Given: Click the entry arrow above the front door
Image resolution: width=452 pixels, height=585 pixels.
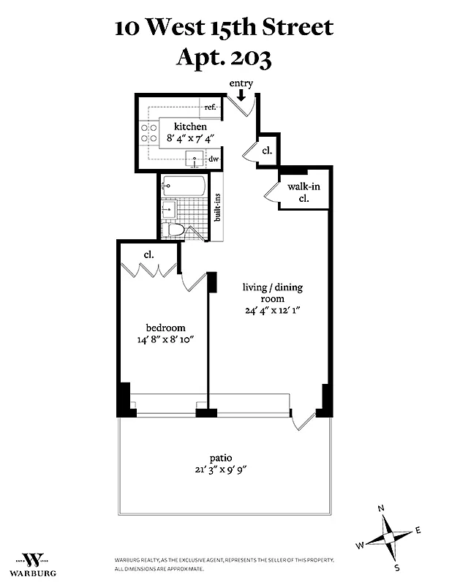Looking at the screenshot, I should [241, 95].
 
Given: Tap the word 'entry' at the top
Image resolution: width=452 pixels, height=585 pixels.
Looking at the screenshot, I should [241, 83].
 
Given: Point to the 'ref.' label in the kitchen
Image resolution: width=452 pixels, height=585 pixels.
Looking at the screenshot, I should [211, 107].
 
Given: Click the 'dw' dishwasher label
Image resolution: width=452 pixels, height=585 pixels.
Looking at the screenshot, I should [214, 158].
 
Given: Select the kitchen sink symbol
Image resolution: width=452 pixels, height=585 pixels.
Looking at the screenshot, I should [194, 157].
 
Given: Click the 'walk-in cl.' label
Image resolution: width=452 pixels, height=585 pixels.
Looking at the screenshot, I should [303, 192].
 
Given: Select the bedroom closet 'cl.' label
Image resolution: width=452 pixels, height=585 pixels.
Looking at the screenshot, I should [148, 254].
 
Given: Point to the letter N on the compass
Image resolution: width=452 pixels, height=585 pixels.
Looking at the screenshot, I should [380, 509].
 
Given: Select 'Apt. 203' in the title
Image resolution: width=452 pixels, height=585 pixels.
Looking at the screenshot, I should [224, 57].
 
